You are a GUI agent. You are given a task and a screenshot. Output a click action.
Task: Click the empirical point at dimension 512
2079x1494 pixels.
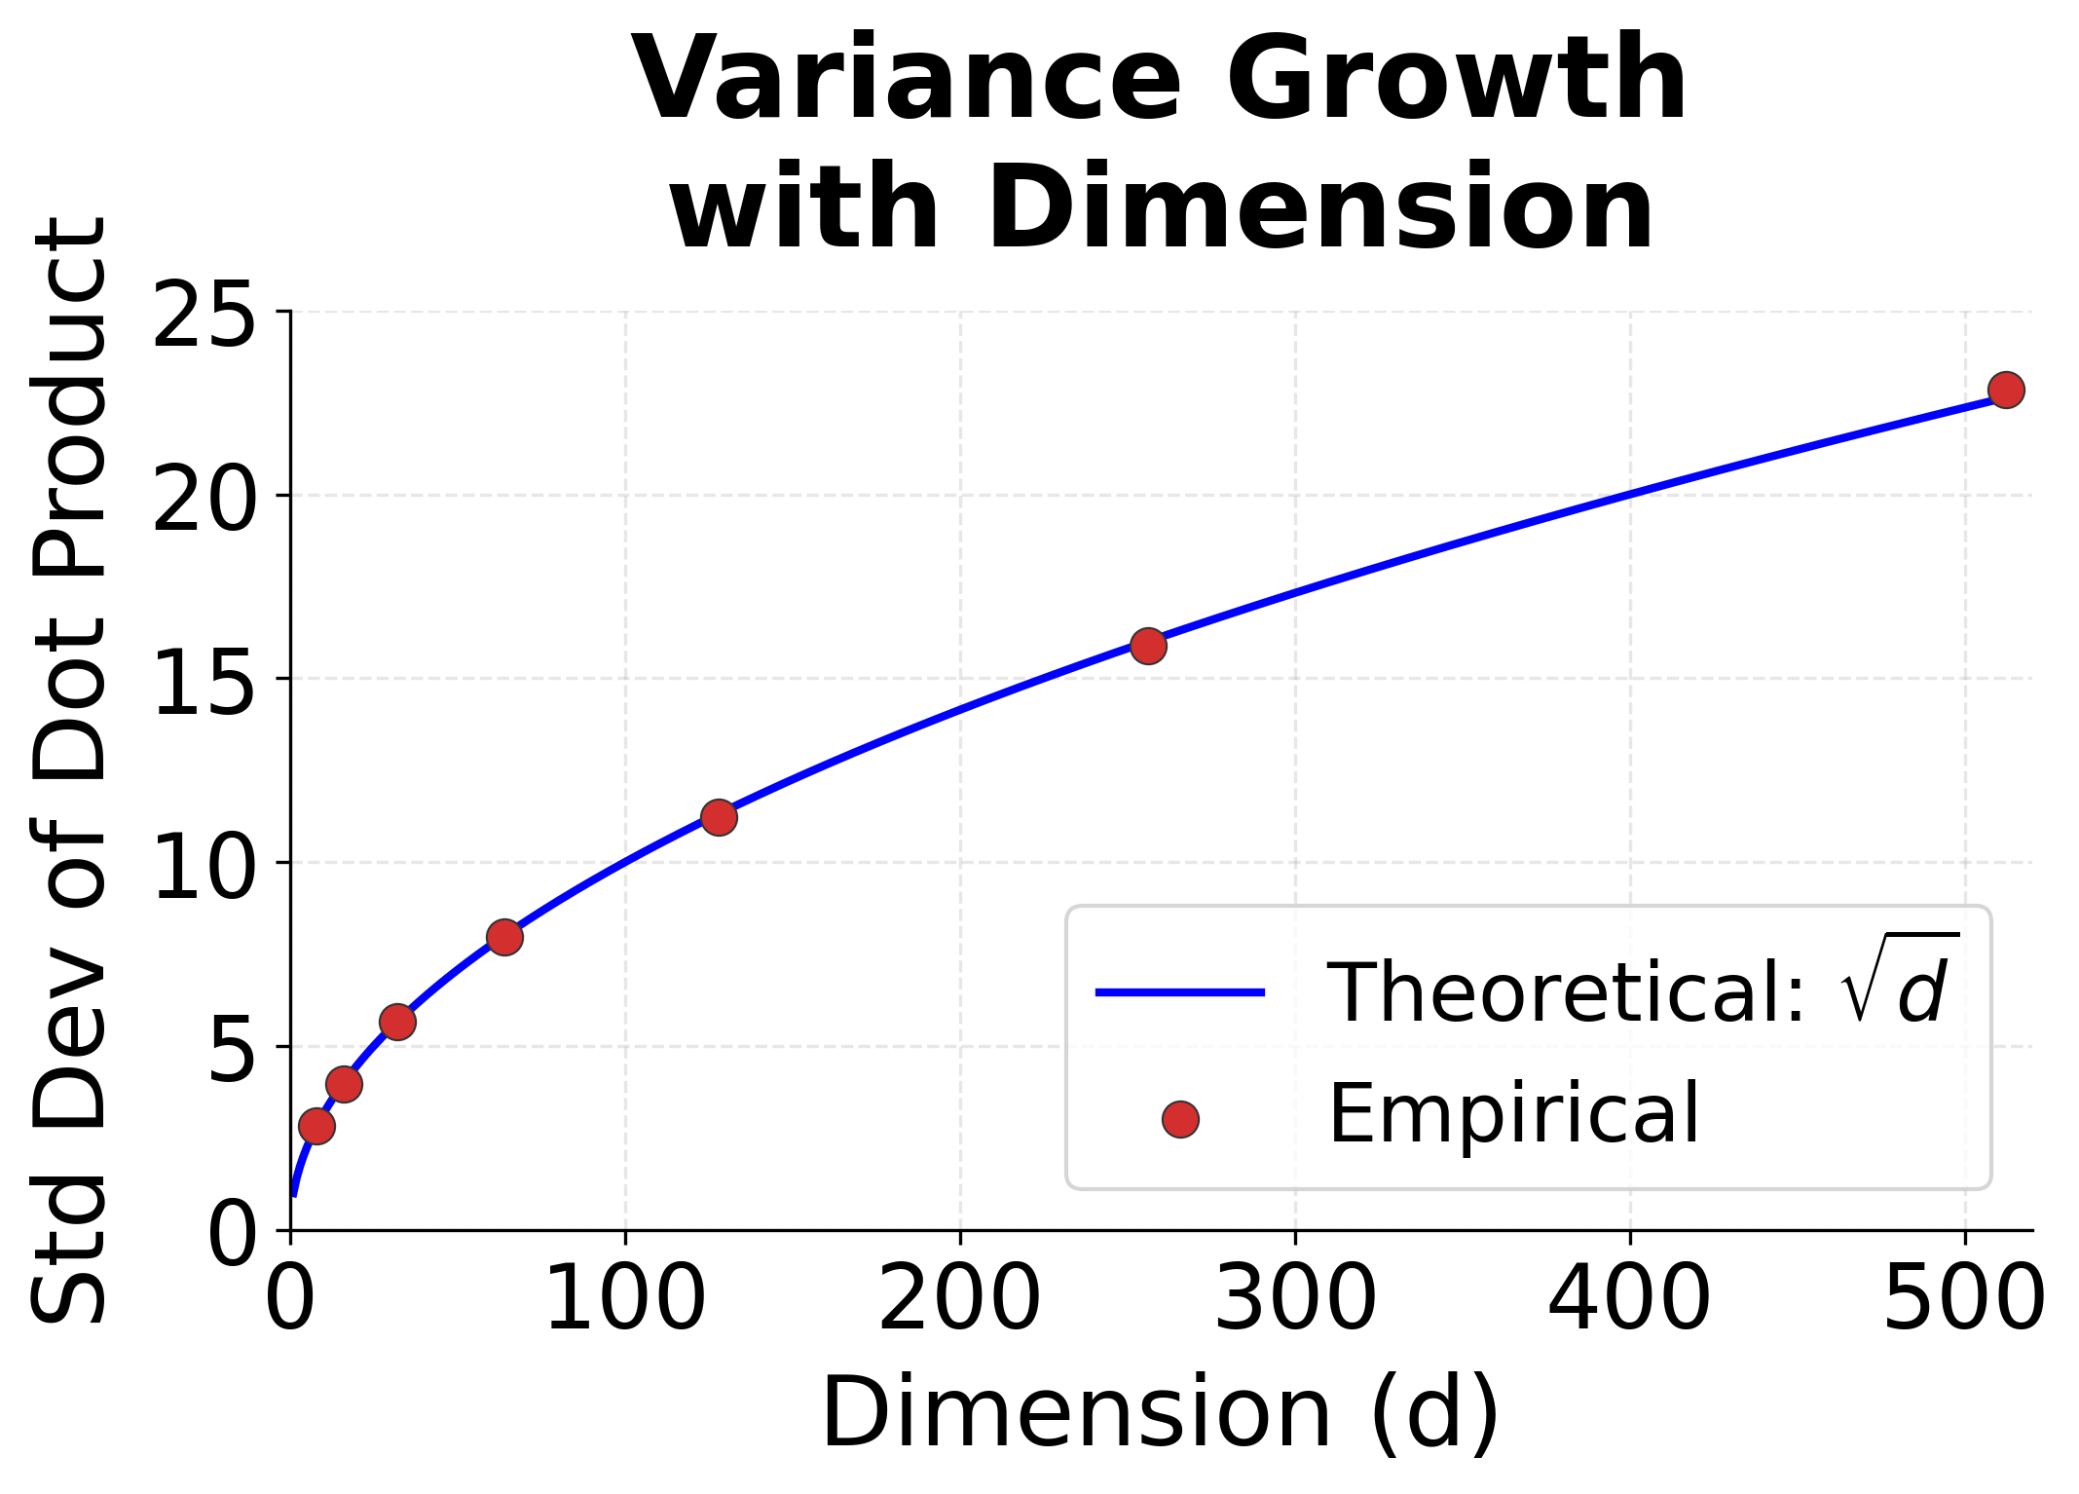click(x=2006, y=390)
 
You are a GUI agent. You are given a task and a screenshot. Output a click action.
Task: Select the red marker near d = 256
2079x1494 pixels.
click(x=1148, y=645)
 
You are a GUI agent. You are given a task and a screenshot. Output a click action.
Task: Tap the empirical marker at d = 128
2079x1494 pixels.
click(x=719, y=817)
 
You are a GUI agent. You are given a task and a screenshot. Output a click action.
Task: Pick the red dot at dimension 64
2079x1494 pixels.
click(x=504, y=937)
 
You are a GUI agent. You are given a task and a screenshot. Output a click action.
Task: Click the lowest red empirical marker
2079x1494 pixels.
click(x=316, y=1126)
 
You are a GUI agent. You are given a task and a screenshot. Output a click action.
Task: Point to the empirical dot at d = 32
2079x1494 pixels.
click(x=397, y=1022)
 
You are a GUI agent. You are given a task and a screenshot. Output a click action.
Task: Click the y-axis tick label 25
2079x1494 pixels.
click(x=204, y=314)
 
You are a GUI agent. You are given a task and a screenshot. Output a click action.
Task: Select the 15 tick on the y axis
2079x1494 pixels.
click(x=204, y=681)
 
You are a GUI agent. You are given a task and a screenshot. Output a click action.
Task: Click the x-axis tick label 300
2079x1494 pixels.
click(x=1294, y=1298)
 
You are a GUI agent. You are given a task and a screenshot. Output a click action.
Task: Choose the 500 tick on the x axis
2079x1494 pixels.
click(x=1964, y=1298)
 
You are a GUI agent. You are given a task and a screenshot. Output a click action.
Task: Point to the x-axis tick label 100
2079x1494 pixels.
click(x=624, y=1298)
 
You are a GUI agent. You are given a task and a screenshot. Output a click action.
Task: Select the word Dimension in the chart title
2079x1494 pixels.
click(x=1319, y=209)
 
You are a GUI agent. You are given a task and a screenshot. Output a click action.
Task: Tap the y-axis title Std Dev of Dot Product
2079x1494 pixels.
click(x=68, y=769)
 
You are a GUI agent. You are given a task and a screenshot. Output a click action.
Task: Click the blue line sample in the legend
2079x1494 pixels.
click(x=1179, y=992)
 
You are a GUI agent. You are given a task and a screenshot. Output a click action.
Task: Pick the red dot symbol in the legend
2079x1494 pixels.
click(x=1180, y=1119)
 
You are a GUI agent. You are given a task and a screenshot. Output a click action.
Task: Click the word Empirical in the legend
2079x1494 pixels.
click(x=1513, y=1113)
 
